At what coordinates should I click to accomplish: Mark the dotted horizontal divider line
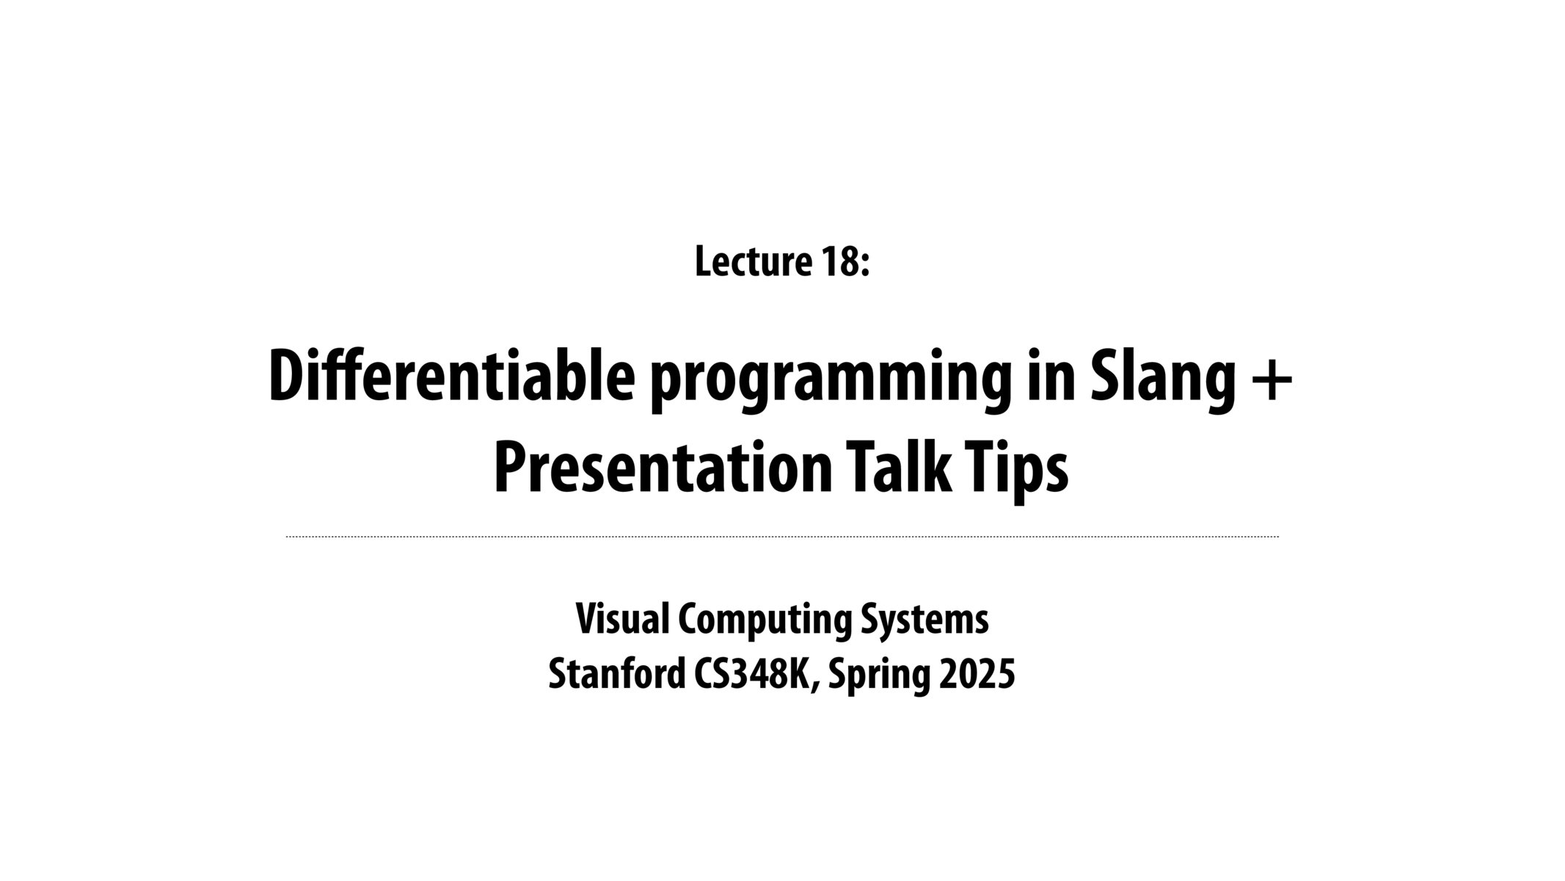click(x=782, y=537)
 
